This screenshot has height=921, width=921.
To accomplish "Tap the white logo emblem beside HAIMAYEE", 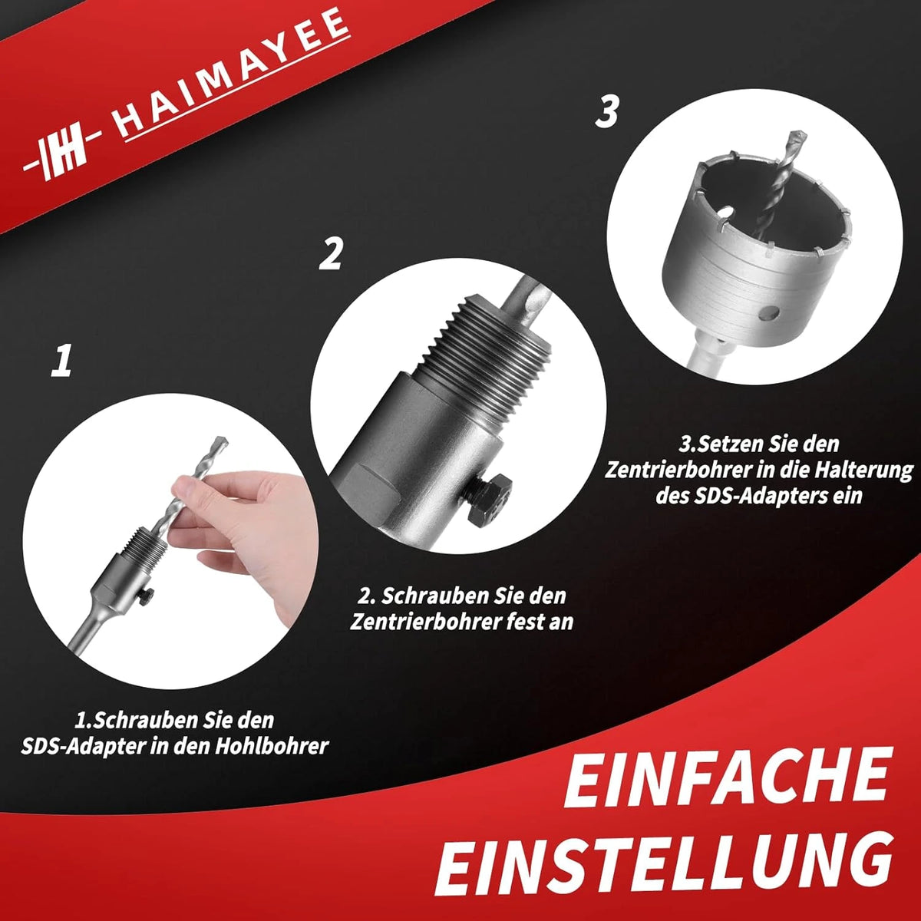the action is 63,151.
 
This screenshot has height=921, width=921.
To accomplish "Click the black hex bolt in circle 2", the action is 489,500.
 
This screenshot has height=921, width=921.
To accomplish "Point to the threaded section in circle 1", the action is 145,538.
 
